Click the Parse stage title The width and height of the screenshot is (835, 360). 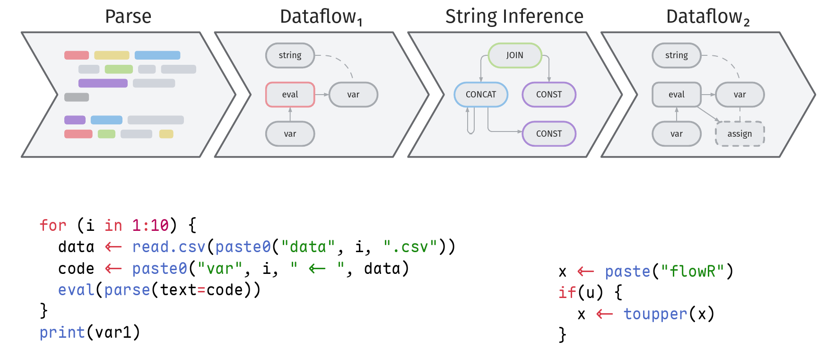(128, 17)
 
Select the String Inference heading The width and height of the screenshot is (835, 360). (514, 17)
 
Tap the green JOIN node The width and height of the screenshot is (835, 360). (515, 55)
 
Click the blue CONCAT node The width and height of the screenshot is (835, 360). (481, 95)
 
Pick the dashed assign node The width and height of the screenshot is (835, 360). (739, 134)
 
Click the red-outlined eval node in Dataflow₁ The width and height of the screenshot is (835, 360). (290, 95)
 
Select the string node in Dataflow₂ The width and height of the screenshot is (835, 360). (676, 55)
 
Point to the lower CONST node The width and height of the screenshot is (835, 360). (549, 134)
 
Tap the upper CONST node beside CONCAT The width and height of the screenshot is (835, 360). (549, 95)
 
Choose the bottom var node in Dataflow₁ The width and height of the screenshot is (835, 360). (290, 134)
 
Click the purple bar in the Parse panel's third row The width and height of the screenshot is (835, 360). (103, 83)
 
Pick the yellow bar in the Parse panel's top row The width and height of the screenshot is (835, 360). (112, 55)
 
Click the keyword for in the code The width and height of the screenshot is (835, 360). (53, 225)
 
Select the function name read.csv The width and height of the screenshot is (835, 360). (169, 246)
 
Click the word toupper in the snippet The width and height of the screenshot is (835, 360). (655, 314)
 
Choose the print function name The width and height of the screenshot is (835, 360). (62, 332)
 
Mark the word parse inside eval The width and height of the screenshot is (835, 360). (127, 290)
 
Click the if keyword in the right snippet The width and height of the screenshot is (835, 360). (567, 292)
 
